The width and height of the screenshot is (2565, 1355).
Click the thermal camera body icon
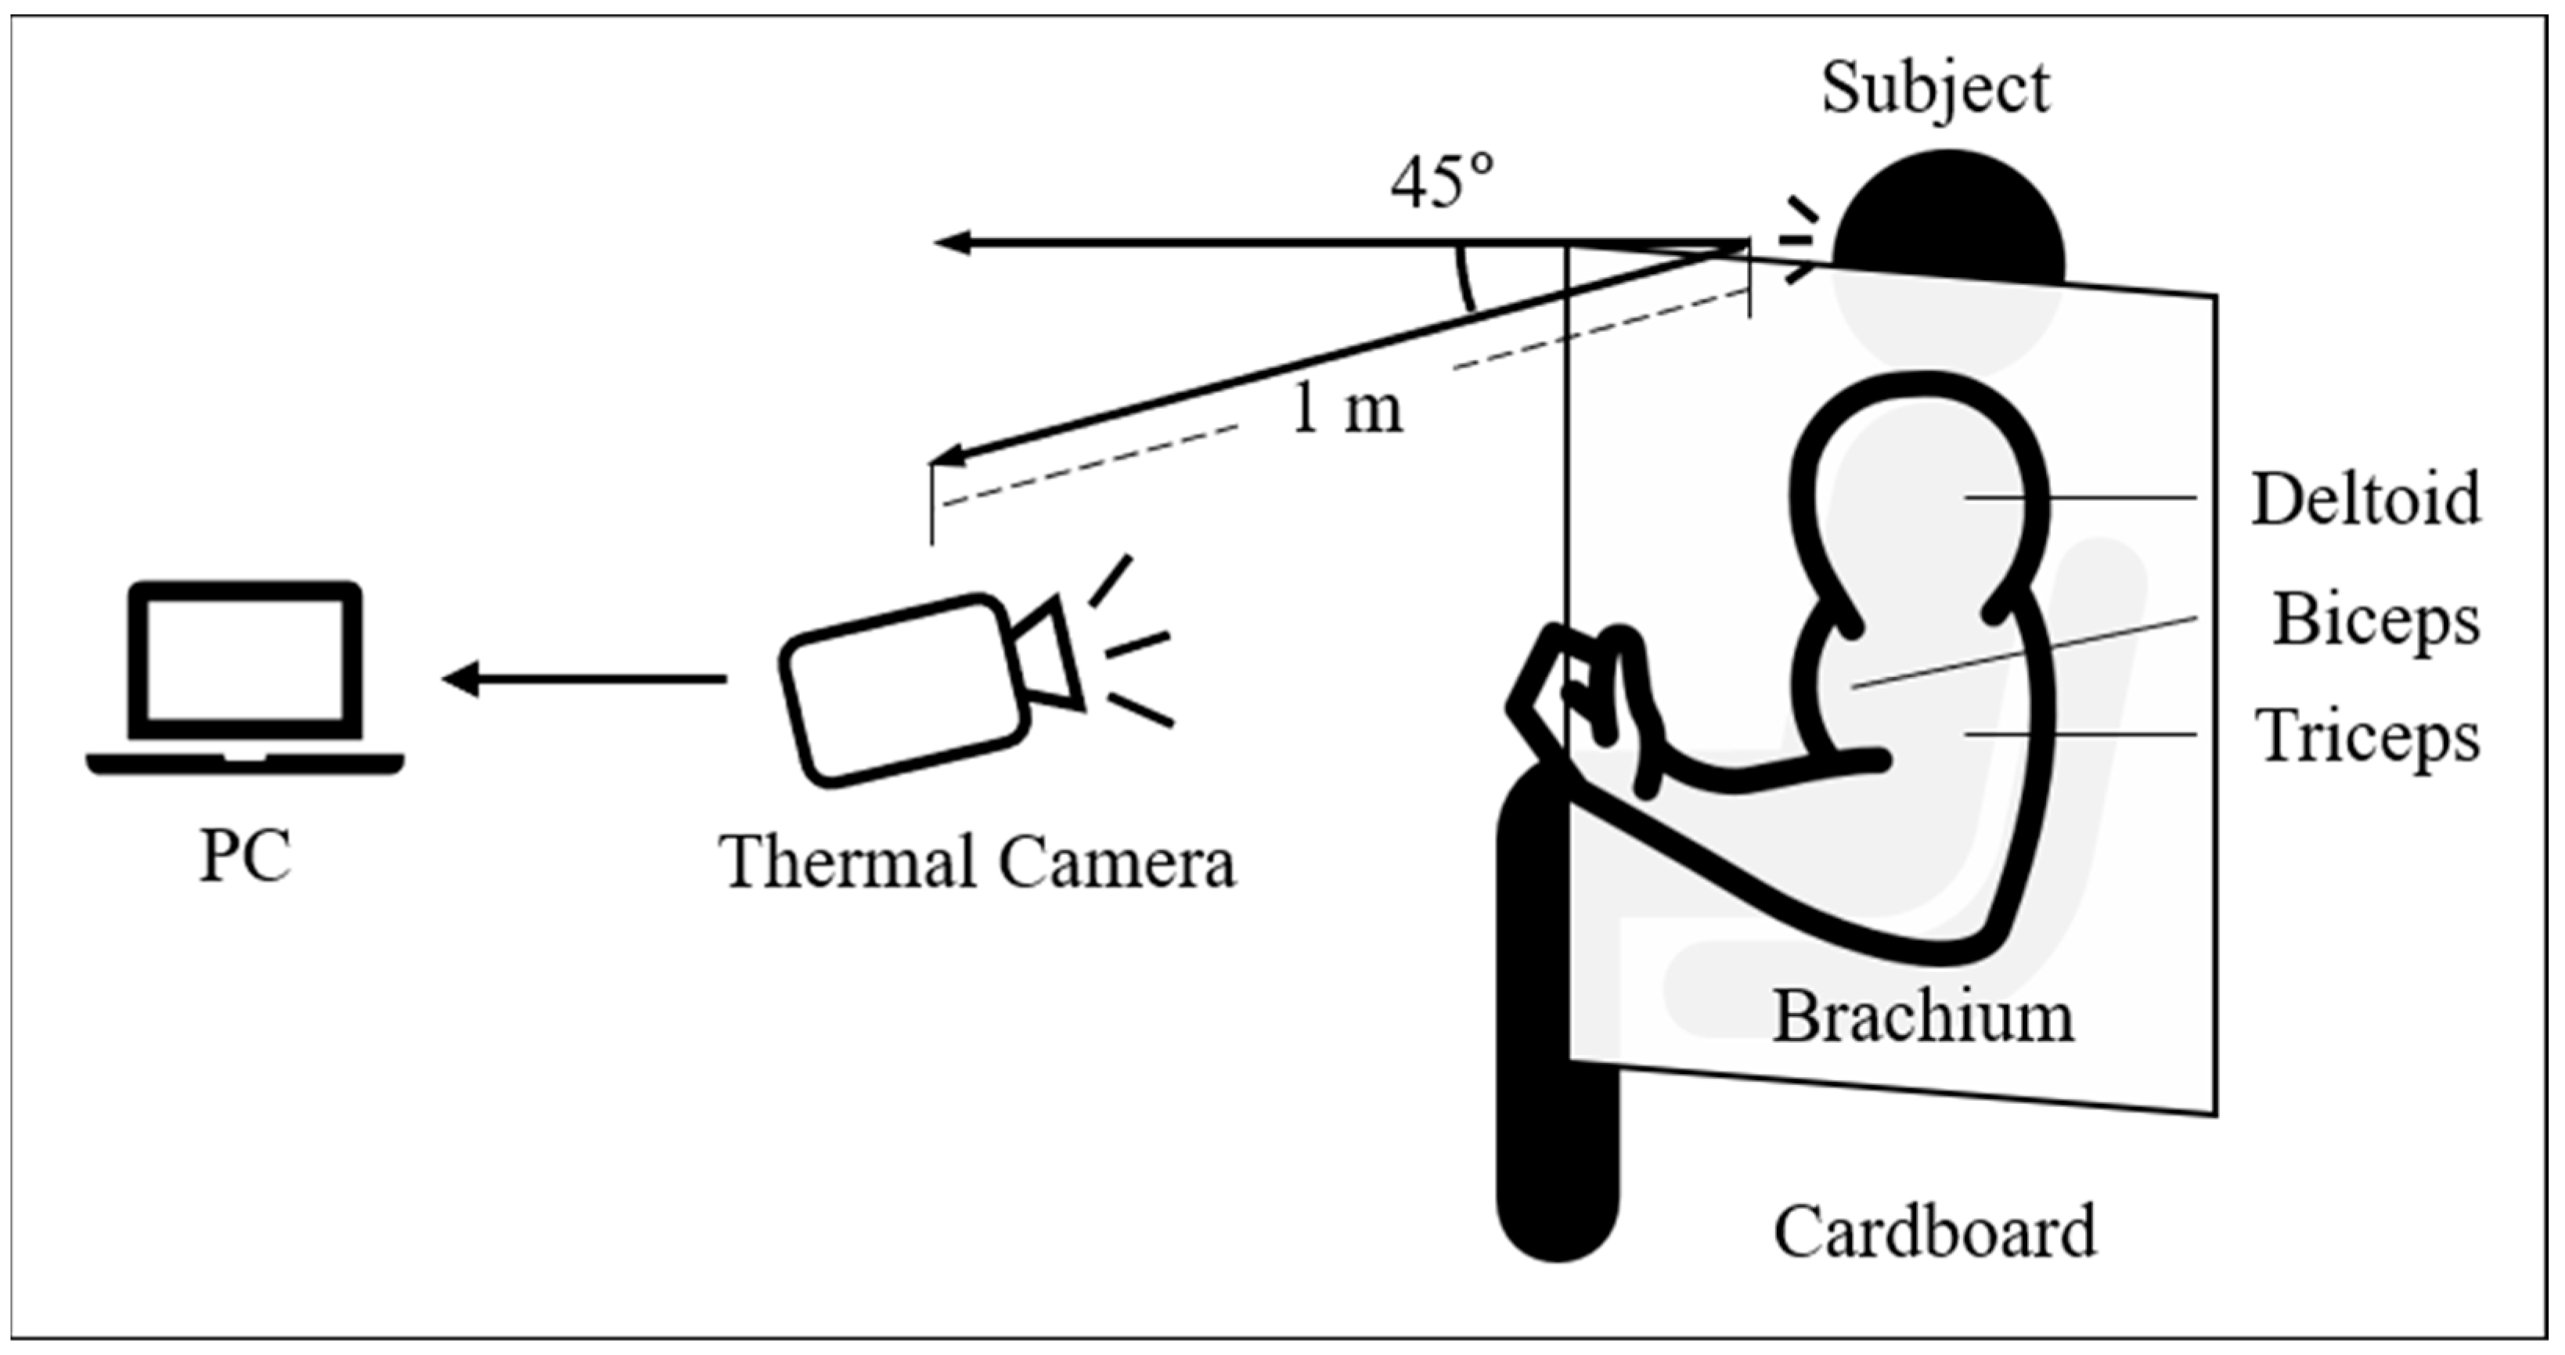click(901, 690)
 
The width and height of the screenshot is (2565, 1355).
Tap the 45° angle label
click(1443, 183)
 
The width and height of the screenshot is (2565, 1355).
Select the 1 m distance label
click(1346, 409)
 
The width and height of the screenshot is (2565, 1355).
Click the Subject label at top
click(1935, 88)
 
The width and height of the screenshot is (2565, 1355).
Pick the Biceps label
click(2376, 620)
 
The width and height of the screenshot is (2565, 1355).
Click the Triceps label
click(2367, 737)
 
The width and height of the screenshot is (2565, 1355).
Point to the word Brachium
click(1922, 1018)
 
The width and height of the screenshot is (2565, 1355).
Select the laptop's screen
click(245, 659)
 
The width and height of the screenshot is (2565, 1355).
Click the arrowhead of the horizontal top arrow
click(952, 242)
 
